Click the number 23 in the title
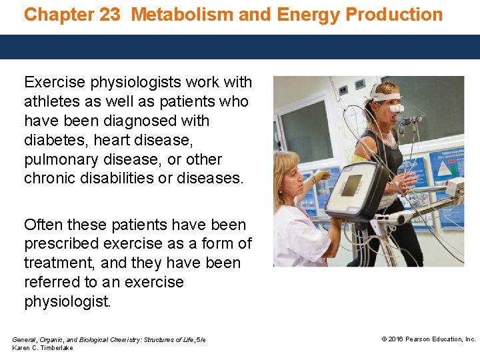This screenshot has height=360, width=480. coord(109,15)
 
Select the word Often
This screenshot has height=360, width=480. coord(41,225)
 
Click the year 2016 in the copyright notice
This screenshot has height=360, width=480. coord(396,339)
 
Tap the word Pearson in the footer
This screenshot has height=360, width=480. coord(419,339)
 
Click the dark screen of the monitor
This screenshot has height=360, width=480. coord(351,186)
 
